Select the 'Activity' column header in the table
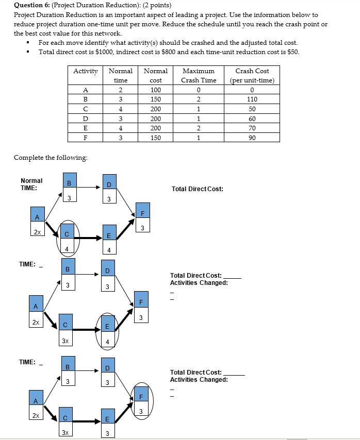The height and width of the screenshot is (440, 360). pos(86,71)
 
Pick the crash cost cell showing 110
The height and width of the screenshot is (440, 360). pos(252,99)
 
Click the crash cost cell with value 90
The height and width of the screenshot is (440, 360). pos(252,138)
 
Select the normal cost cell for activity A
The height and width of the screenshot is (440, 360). pos(155,90)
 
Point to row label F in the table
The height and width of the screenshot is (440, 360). pos(86,138)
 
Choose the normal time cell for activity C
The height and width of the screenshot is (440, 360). pos(120,109)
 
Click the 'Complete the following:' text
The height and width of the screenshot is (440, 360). pos(51,157)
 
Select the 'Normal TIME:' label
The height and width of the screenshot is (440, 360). pos(31,184)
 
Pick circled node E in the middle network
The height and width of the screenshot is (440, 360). pos(107,332)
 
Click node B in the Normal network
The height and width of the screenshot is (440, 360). pos(69,188)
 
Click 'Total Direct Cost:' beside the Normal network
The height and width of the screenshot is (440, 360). pos(198,189)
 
